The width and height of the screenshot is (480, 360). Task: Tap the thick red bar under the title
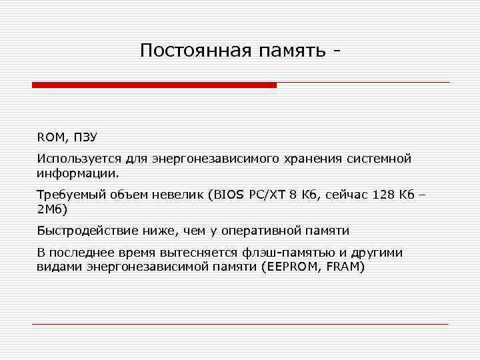[x=154, y=85]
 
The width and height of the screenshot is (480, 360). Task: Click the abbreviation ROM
[x=50, y=137]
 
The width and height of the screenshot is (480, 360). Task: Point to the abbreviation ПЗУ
[x=85, y=137]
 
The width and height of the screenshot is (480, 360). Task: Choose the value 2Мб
[x=52, y=209]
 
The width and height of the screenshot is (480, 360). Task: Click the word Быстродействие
[x=83, y=231]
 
